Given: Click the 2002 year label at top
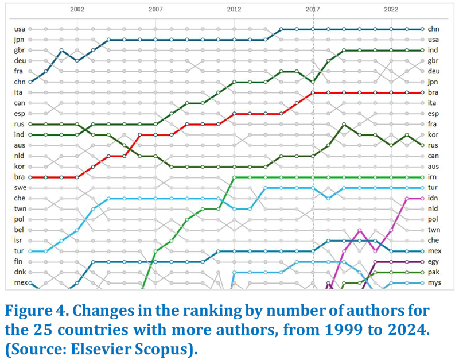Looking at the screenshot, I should coord(77,10).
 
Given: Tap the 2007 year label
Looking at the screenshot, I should coord(155,10).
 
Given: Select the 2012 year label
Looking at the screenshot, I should coord(234,10).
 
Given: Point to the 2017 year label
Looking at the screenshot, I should coord(313,10).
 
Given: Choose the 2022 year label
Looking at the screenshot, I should coord(391,10).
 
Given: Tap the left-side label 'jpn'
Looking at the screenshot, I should coord(19,40).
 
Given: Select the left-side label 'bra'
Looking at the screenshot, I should coord(19,177).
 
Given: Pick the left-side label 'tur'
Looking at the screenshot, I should coord(19,251).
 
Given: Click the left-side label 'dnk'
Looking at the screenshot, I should coord(19,273).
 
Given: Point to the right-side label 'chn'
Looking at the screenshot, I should coord(433,29).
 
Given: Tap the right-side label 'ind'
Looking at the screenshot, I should coord(433,50).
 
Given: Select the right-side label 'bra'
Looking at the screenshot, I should coord(433,92).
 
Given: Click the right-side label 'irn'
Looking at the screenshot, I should coord(433,177).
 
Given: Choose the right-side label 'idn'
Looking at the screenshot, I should coord(433,199).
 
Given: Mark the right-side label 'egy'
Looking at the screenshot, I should coord(433,262).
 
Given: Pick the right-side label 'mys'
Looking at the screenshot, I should coord(434,283).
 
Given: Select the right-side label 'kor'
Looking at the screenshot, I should coord(433,135).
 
